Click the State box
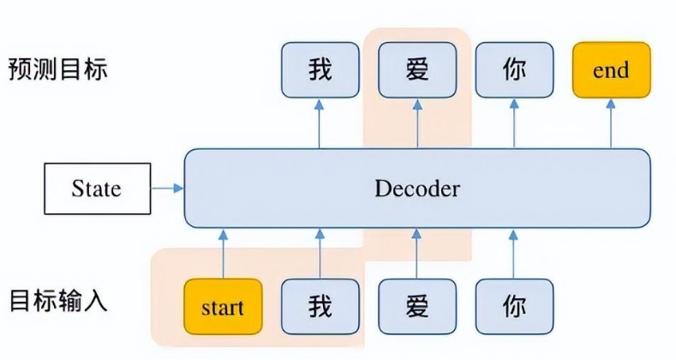pyautogui.click(x=96, y=189)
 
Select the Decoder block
pyautogui.click(x=417, y=189)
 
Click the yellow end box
pyautogui.click(x=611, y=69)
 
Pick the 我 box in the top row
pyautogui.click(x=320, y=69)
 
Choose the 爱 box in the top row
pyautogui.click(x=417, y=69)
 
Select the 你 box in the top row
pyautogui.click(x=514, y=69)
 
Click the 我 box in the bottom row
pyautogui.click(x=320, y=306)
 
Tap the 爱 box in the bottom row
pyautogui.click(x=417, y=306)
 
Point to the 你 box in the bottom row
pyautogui.click(x=514, y=306)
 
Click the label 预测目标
pyautogui.click(x=58, y=69)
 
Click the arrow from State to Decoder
pyautogui.click(x=167, y=188)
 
